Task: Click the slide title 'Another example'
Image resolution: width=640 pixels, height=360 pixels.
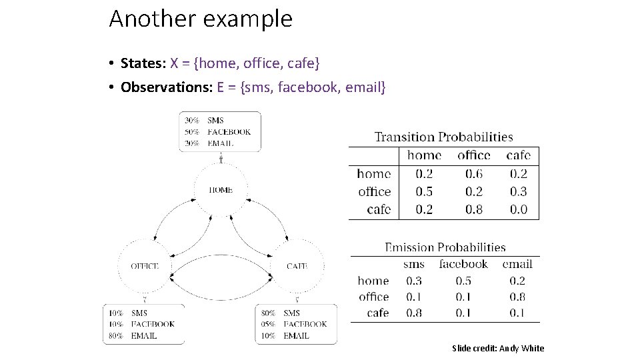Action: [200, 19]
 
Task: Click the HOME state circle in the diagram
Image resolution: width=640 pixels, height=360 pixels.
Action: [221, 190]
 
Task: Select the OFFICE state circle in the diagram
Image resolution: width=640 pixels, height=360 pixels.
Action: [145, 266]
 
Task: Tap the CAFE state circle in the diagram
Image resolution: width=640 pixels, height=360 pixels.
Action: [297, 266]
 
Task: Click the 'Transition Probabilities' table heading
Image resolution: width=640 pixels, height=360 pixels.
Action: [443, 137]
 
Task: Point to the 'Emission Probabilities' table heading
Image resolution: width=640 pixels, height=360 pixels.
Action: [445, 247]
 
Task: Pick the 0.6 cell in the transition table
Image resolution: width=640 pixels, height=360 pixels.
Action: [473, 174]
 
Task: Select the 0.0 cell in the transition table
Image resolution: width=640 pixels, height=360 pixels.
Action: [518, 209]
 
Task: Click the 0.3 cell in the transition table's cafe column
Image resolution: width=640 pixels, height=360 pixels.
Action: [518, 192]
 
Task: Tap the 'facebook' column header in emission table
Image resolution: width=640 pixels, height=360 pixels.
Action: [463, 264]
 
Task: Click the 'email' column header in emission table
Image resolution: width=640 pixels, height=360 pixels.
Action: [517, 264]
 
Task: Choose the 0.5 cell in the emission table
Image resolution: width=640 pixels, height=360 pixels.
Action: [463, 281]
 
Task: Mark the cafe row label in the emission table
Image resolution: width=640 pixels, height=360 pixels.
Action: [377, 313]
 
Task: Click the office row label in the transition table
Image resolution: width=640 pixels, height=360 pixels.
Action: [374, 192]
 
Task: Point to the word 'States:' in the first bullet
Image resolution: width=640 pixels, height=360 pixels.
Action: [143, 63]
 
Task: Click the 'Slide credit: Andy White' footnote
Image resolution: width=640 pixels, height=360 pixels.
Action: [498, 348]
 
